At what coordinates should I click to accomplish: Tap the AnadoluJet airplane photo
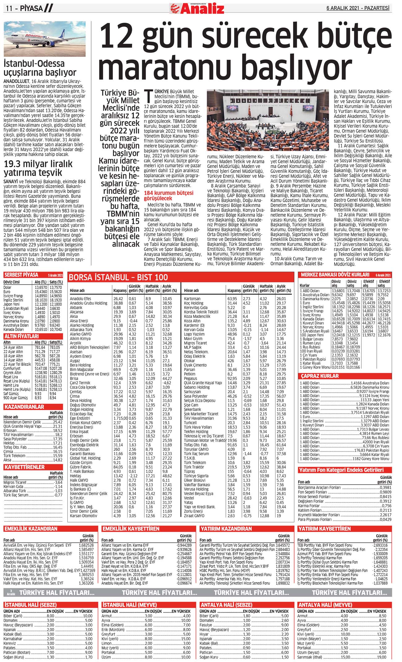[x=45, y=39]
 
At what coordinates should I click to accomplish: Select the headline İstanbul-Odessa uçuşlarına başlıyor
[x=40, y=68]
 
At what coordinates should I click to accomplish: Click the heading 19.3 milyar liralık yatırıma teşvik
[x=38, y=168]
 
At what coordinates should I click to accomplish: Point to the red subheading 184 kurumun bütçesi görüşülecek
[x=169, y=195]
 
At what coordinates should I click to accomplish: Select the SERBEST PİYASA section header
[x=21, y=275]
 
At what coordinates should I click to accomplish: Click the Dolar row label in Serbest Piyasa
[x=7, y=287]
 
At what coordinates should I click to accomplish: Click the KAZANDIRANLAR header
[x=24, y=407]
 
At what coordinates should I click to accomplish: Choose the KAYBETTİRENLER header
[x=24, y=467]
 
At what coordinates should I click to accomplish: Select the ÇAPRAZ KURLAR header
[x=320, y=376]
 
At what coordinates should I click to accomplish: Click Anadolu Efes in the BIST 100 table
[x=80, y=299]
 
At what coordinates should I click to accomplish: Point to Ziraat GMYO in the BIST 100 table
[x=194, y=516]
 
